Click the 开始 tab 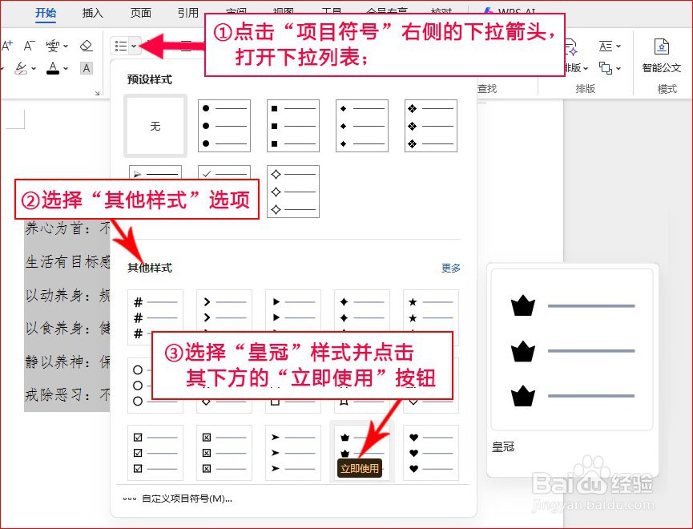pos(46,13)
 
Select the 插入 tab pos(93,13)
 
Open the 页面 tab pos(141,13)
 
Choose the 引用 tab pos(188,13)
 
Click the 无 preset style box pos(155,126)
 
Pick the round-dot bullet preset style pos(224,126)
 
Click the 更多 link pos(451,269)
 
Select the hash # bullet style pos(155,317)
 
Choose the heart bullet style pos(431,451)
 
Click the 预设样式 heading pos(150,80)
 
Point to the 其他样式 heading pos(150,269)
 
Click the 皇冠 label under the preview pos(503,447)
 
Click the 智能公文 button pos(661,55)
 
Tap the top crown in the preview pos(522,305)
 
